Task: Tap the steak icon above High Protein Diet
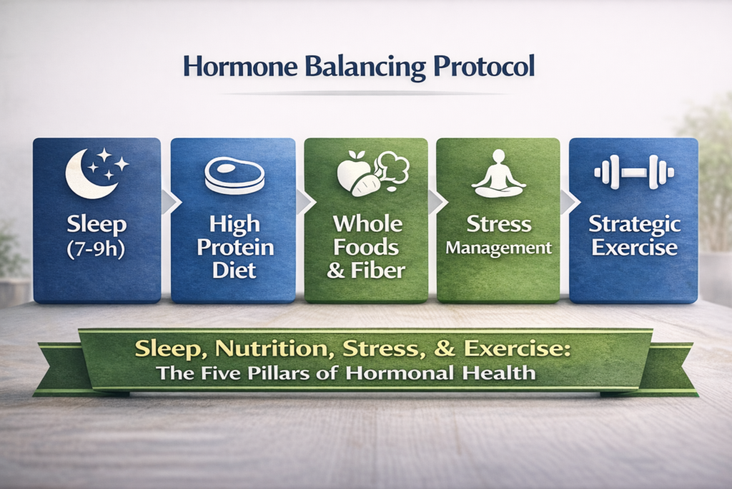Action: pos(234,176)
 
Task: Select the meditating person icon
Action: pos(498,175)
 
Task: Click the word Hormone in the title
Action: pos(240,67)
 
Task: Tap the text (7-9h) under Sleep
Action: pos(97,249)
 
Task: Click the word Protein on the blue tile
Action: pos(235,248)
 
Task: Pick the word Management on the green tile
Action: pos(498,248)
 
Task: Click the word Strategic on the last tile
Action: pos(634,225)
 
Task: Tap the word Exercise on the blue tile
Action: pos(635,247)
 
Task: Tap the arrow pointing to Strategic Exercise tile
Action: pos(570,202)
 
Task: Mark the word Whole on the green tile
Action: pos(368,224)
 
